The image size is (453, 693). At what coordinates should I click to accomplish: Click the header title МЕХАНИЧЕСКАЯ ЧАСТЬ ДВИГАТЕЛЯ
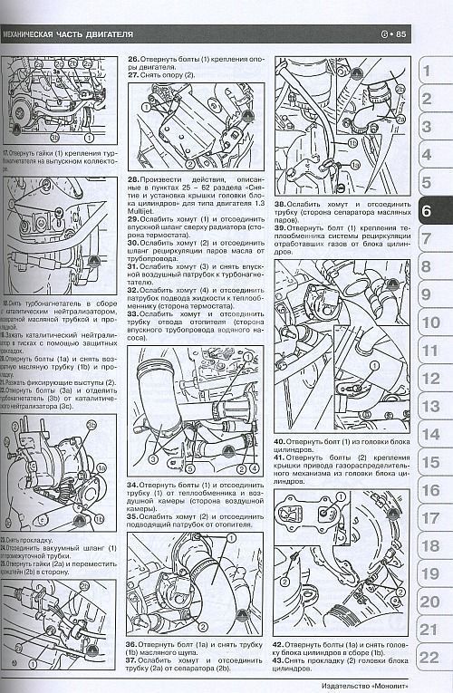point(69,34)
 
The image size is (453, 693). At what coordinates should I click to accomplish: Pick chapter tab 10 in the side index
point(429,322)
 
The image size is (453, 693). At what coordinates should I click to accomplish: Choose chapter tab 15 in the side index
point(429,462)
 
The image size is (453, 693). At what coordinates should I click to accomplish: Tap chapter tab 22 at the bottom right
point(429,657)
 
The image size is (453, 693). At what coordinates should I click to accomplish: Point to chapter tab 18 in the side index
point(429,546)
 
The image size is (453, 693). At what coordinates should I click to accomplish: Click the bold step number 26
point(133,58)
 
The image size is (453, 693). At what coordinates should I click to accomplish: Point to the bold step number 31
point(133,266)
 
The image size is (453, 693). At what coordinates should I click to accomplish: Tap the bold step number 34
point(133,486)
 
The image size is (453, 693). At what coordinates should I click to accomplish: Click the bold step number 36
point(133,644)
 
